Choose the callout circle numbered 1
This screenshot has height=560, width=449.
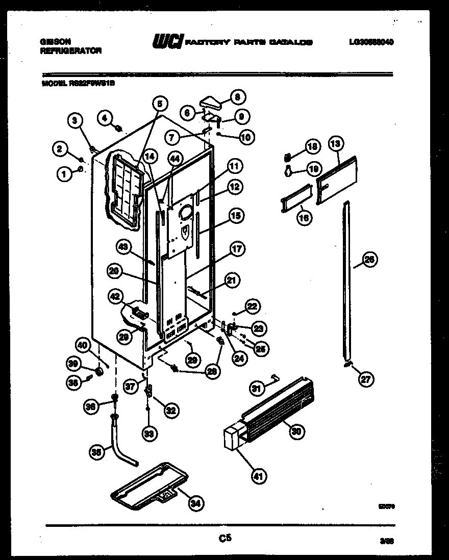click(64, 174)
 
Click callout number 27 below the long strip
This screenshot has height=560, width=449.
click(366, 379)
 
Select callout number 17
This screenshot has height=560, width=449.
click(237, 249)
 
